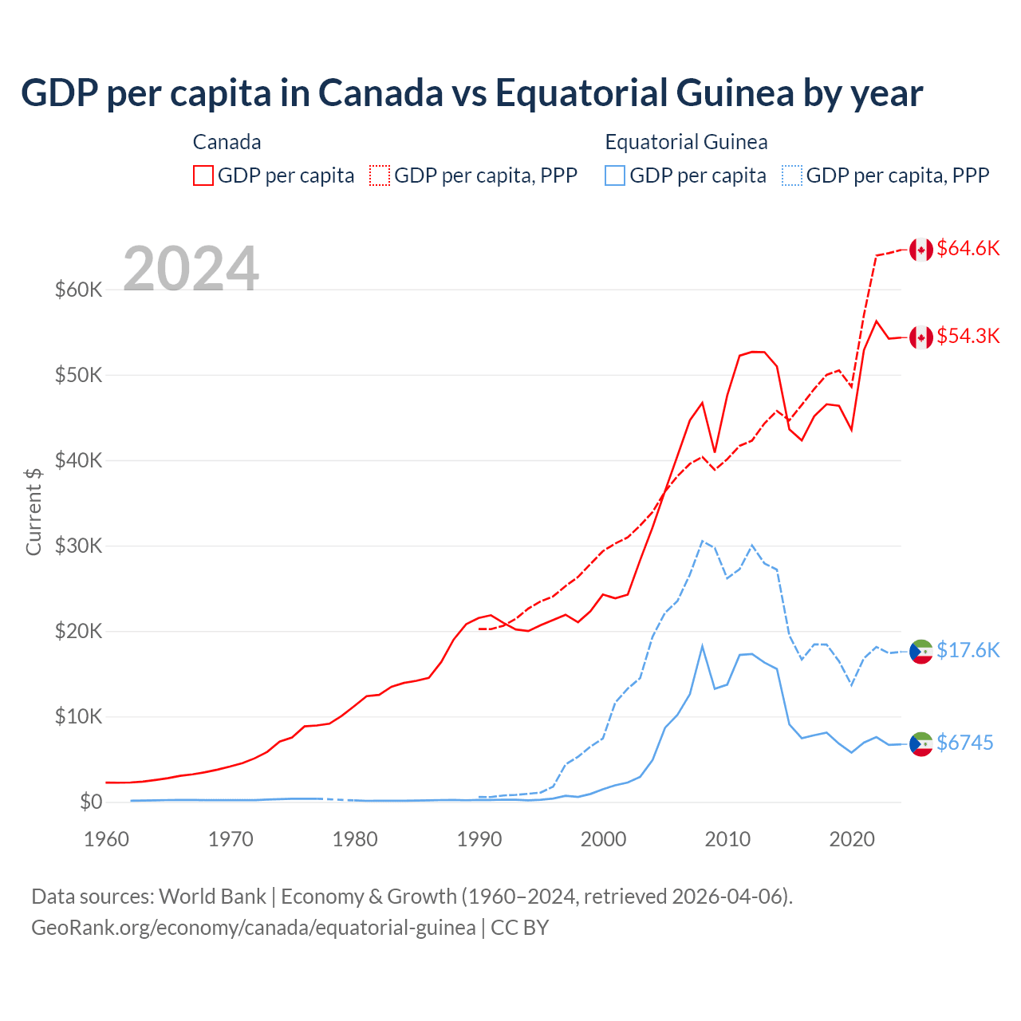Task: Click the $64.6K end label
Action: click(x=968, y=248)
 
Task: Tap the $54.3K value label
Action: click(x=968, y=336)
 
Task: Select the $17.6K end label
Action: click(x=968, y=650)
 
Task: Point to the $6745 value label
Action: click(x=964, y=743)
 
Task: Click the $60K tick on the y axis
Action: click(x=78, y=290)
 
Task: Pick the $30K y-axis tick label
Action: click(x=78, y=546)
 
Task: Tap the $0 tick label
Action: click(x=90, y=802)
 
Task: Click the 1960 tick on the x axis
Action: click(x=106, y=839)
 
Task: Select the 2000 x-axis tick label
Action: click(x=603, y=839)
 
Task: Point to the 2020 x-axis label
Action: click(x=852, y=839)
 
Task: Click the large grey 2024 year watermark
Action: click(x=191, y=269)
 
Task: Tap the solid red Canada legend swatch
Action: click(x=203, y=175)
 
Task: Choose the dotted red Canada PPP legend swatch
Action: click(x=380, y=175)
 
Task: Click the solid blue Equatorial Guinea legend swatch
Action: click(x=615, y=175)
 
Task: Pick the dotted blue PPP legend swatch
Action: click(x=792, y=175)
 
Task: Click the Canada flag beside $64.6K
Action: click(x=921, y=249)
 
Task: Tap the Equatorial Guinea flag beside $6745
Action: click(x=921, y=743)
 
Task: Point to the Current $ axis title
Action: click(x=34, y=511)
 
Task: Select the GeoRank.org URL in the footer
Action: click(x=254, y=928)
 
